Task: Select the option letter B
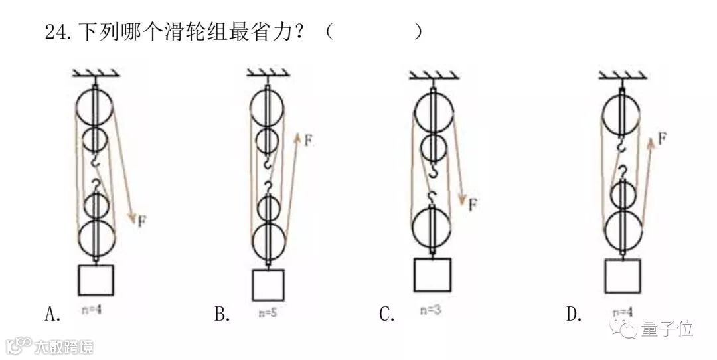[222, 314]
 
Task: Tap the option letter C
[387, 314]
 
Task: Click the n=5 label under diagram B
[266, 312]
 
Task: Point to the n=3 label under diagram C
[431, 309]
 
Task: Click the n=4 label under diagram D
[621, 312]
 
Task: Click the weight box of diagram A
[96, 280]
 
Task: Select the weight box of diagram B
[268, 284]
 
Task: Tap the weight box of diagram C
[432, 274]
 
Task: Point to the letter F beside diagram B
[309, 140]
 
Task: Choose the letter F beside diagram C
[472, 205]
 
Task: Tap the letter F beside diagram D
[662, 138]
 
